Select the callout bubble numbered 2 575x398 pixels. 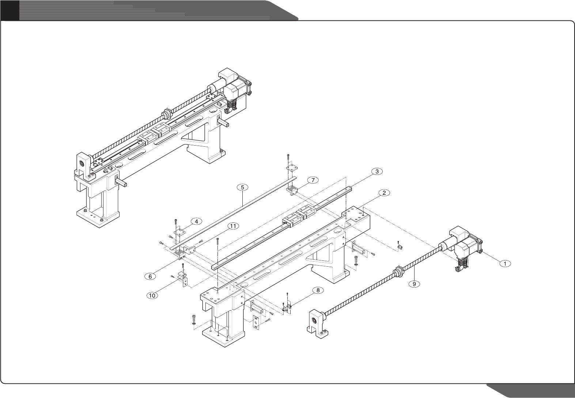[x=383, y=193]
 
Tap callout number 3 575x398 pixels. [x=377, y=171]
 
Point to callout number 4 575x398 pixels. [x=196, y=221]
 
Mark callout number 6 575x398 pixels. [x=149, y=277]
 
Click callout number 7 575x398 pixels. [x=312, y=180]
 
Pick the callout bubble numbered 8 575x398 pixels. [x=318, y=290]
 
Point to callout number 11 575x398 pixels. [x=232, y=226]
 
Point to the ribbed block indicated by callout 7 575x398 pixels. [x=293, y=190]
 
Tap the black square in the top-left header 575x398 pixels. [x=10, y=10]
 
